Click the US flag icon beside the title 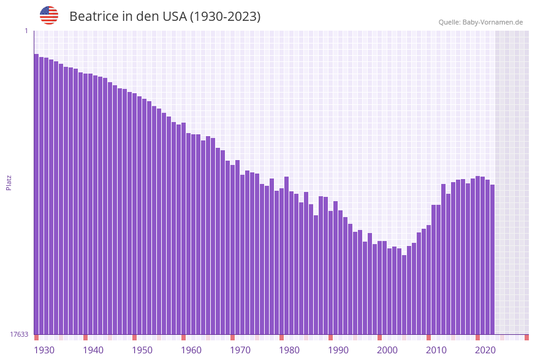coord(49,15)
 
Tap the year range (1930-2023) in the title coord(226,17)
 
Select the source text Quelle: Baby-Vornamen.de coord(480,22)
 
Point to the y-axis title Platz coord(9,182)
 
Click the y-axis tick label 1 coord(26,31)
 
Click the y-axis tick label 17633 coord(19,334)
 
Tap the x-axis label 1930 coord(44,350)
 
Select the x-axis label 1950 coord(142,350)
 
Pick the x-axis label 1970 coord(240,350)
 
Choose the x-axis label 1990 coord(338,350)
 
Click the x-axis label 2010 coord(436,350)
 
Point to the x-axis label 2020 coord(485,350)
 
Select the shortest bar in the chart coord(404,294)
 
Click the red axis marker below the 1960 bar coord(183,337)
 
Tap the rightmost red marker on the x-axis coord(526,337)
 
